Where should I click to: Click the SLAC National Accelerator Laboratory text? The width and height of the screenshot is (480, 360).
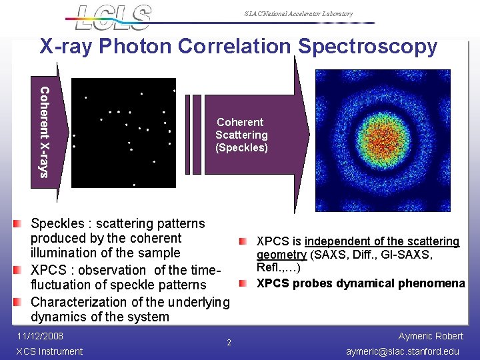(x=298, y=14)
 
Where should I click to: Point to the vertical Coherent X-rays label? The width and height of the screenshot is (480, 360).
(x=44, y=132)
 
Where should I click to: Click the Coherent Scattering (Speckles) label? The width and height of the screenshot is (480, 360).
(x=241, y=135)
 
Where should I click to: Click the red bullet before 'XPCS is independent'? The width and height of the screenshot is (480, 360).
(x=244, y=241)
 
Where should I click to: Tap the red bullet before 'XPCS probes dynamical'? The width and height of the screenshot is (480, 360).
(x=244, y=284)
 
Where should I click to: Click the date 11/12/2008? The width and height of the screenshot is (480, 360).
(x=40, y=336)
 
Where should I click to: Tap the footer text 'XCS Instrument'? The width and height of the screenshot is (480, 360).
(x=49, y=351)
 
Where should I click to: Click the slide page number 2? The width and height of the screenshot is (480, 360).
(x=229, y=343)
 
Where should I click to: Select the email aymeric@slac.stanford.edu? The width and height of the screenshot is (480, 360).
(x=403, y=351)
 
